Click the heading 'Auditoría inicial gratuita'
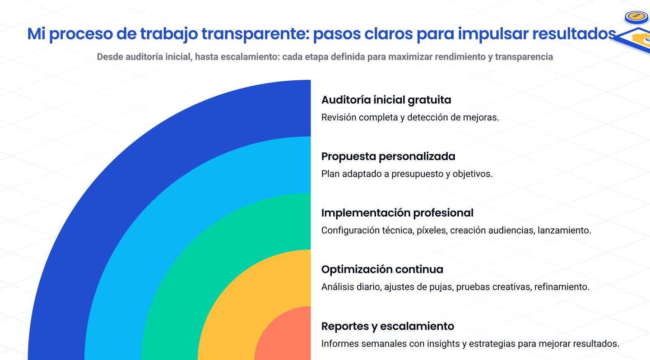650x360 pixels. pos(386,100)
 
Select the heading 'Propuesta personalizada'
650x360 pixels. pos(388,157)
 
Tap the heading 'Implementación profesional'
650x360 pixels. pos(397,213)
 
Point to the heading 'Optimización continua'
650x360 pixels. pos(382,269)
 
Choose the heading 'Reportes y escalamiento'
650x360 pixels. pos(387,326)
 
